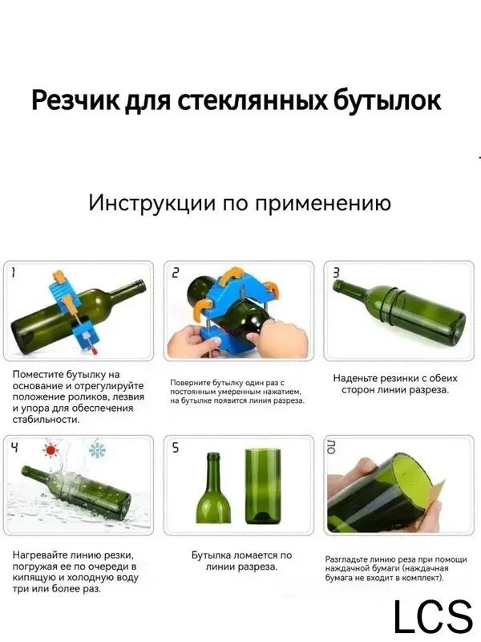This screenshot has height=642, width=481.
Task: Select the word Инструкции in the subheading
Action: pos(152,203)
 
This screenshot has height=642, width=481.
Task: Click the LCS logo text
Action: pos(433,616)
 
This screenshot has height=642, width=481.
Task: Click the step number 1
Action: pos(13,272)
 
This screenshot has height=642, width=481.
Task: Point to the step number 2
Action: pos(175,272)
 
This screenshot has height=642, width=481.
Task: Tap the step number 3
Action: pos(336,272)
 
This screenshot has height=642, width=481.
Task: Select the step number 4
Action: pos(14,447)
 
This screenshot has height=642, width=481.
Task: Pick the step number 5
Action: pos(175,447)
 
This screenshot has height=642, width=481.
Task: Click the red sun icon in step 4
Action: pos(51,450)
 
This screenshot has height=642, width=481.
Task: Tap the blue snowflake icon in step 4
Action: pos(97,450)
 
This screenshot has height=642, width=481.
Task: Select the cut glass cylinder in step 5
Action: pos(263,486)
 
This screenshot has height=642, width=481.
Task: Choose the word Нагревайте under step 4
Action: pos(38,555)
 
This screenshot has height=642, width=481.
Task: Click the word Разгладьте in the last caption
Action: pos(346,559)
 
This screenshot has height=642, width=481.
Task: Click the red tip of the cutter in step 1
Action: pos(95,351)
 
